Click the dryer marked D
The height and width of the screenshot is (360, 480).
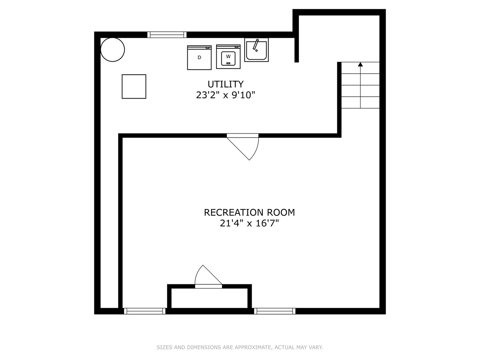(199, 57)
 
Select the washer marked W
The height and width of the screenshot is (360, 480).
(228, 57)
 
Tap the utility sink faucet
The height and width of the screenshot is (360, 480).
(255, 45)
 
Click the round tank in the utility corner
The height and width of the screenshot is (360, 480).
(113, 50)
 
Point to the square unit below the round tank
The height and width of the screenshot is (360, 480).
(134, 87)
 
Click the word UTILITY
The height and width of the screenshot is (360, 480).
(225, 84)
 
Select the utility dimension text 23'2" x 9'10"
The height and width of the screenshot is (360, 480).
(225, 95)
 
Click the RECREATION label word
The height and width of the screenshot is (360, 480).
(233, 212)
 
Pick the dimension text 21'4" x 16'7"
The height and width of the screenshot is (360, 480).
(249, 223)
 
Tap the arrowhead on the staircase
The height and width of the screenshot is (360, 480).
(360, 64)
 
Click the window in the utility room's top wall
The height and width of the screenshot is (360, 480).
(167, 35)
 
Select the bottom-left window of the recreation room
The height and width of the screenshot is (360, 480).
(145, 311)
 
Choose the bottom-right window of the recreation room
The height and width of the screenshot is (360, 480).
(275, 311)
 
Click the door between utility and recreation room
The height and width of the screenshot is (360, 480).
(243, 147)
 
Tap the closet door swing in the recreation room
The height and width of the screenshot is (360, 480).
(208, 277)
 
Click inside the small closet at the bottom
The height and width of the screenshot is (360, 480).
(209, 298)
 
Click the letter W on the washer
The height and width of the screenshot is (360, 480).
(228, 57)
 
